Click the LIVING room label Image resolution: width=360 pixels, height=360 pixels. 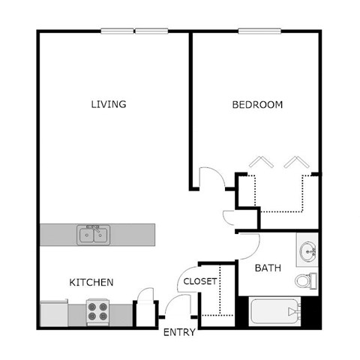[x=108, y=104]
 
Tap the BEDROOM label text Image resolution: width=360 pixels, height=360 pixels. [x=257, y=105]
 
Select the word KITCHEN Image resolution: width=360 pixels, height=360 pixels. [x=91, y=283]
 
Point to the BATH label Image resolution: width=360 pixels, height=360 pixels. [x=267, y=268]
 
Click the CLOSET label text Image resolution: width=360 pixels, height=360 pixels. [x=200, y=282]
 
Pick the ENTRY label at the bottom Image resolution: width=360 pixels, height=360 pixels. [x=179, y=332]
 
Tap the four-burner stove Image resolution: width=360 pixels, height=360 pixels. [x=97, y=311]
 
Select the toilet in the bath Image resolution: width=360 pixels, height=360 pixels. [x=304, y=281]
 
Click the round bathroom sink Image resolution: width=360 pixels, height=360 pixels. [x=307, y=250]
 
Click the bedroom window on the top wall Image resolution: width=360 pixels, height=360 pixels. [x=260, y=31]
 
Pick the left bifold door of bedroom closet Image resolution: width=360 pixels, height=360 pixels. [x=261, y=162]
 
